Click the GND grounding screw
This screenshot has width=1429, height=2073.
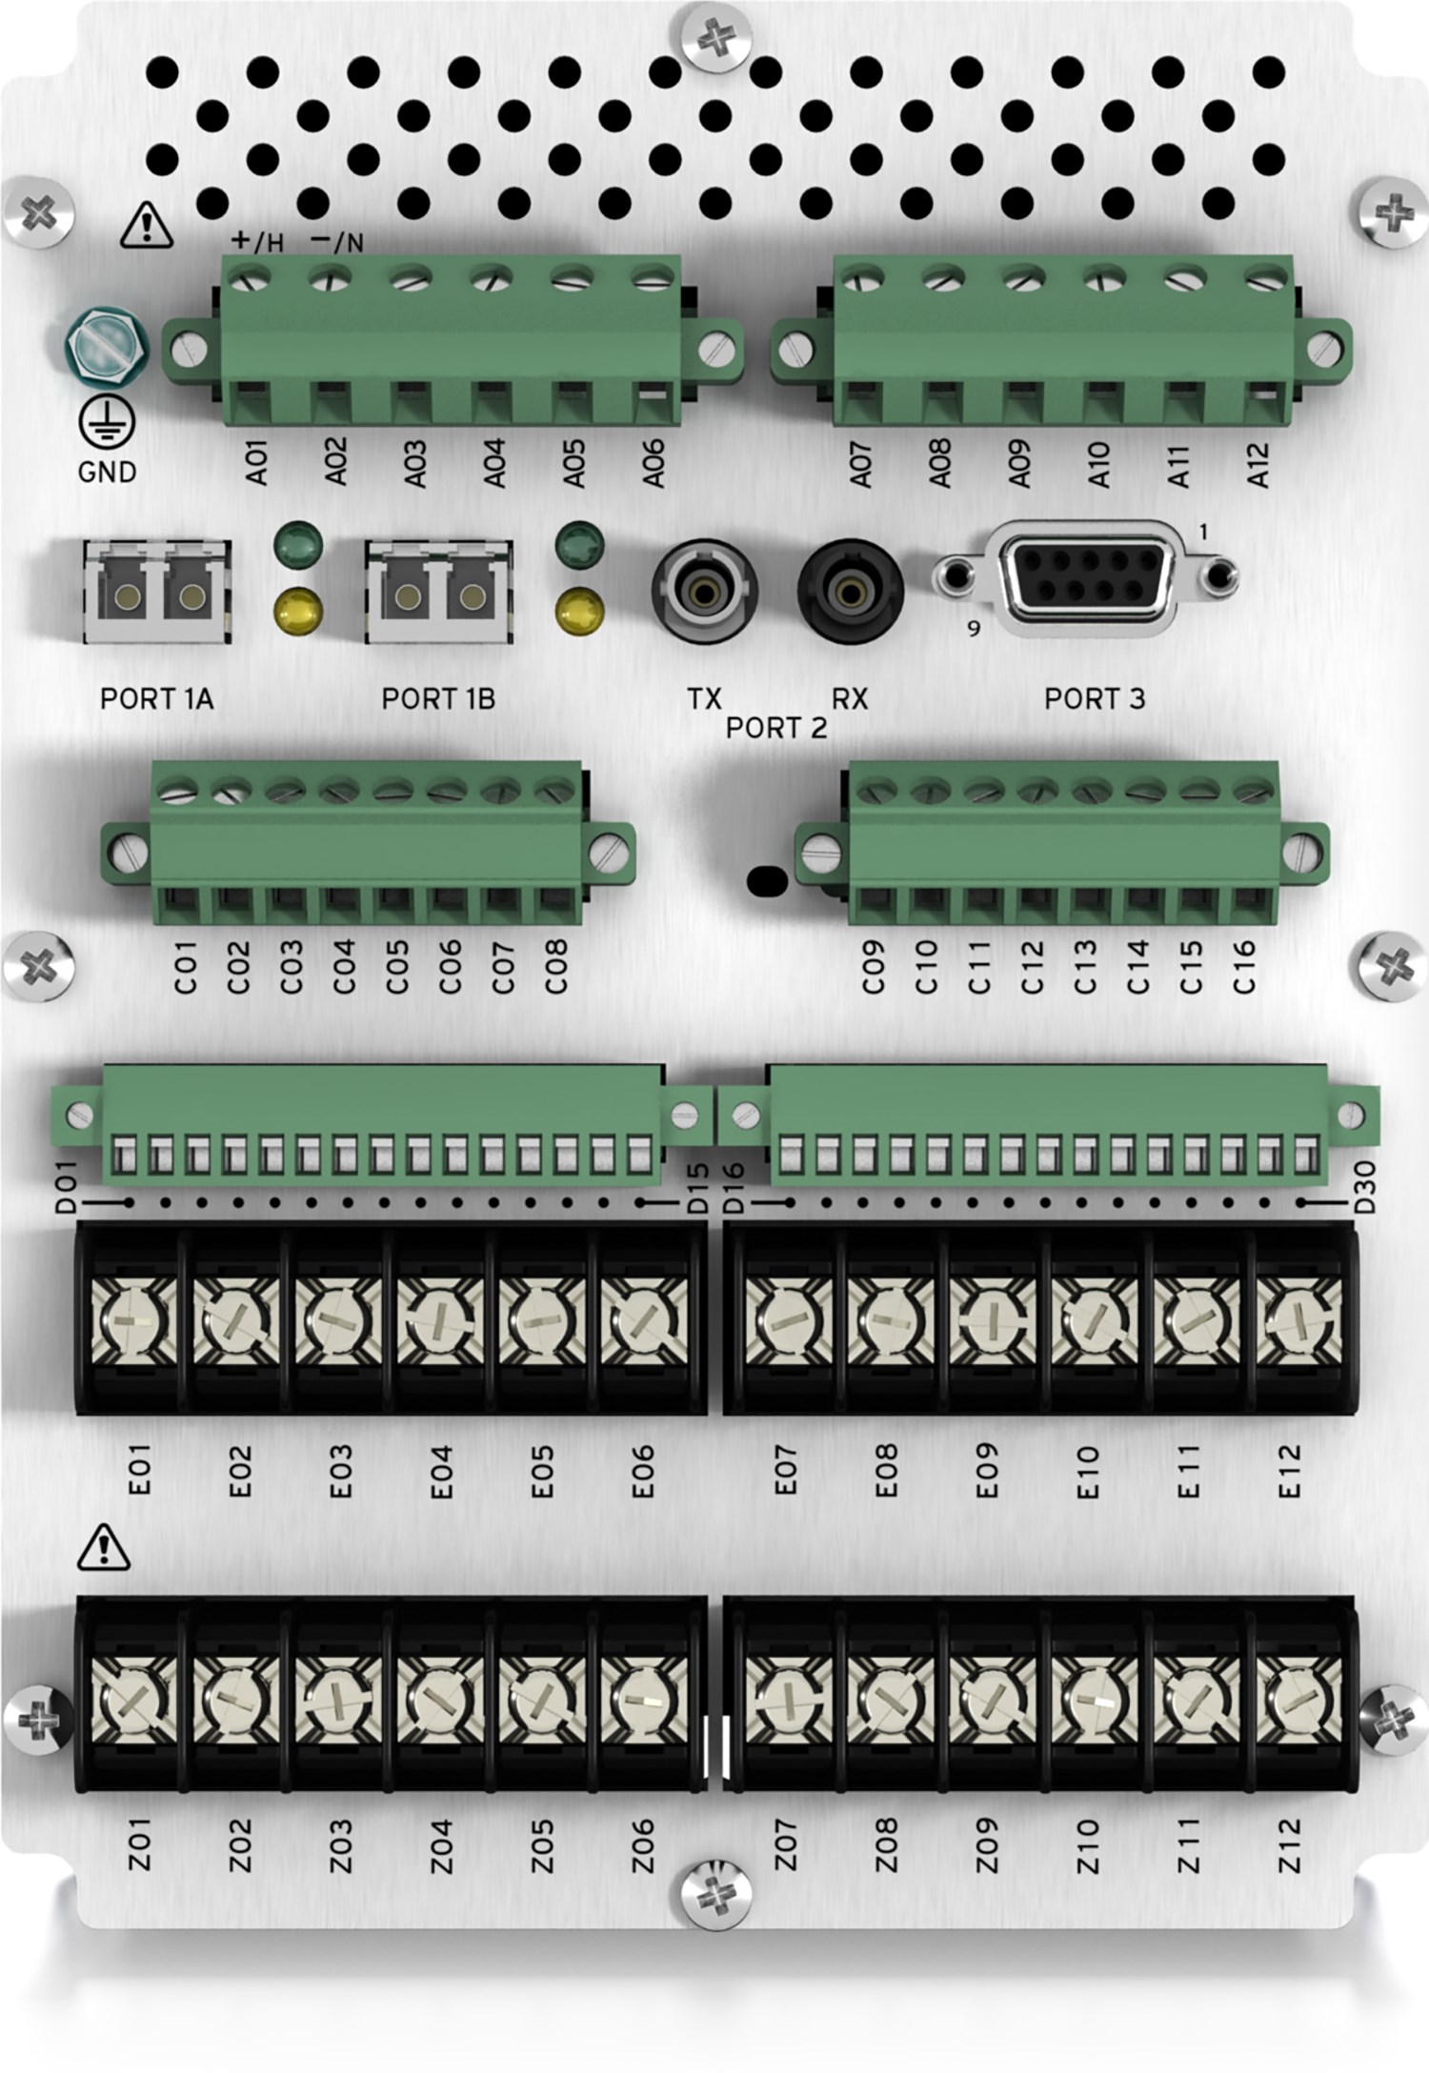(106, 346)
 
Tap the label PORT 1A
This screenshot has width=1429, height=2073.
(156, 699)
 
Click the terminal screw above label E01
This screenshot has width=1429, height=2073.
(133, 1318)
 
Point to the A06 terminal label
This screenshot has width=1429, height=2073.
(654, 464)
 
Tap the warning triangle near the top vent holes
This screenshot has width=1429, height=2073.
(147, 225)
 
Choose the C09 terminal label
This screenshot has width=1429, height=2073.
(873, 967)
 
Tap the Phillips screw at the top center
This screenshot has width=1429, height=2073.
(714, 39)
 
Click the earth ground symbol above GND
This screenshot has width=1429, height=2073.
(106, 421)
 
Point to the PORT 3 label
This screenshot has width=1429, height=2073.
(1094, 699)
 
